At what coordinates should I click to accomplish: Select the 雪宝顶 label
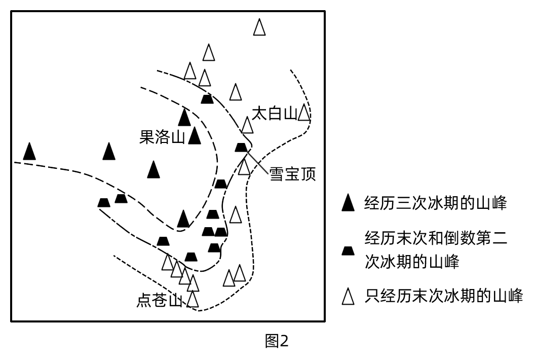point(293,174)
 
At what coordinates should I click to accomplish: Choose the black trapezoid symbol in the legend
point(348,250)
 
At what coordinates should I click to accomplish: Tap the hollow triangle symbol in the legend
point(348,296)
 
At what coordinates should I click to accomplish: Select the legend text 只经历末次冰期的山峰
point(443,296)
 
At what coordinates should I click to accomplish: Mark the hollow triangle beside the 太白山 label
point(303,113)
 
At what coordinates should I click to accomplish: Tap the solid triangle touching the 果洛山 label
point(194,136)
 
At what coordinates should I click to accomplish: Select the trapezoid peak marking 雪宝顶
point(242,147)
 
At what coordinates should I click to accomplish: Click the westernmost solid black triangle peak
point(30,151)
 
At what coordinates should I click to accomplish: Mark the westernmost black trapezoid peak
point(104,202)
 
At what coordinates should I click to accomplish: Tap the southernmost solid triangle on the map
point(183,219)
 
